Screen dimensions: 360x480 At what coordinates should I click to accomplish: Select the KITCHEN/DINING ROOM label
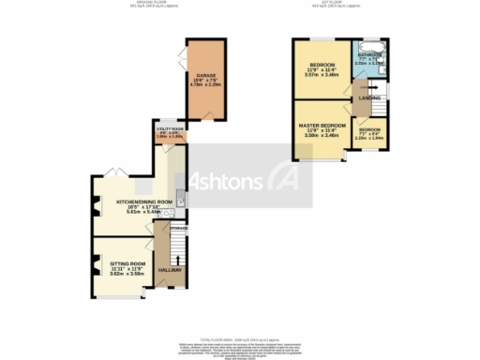pyautogui.click(x=143, y=202)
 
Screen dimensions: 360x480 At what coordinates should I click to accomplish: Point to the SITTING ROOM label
pyautogui.click(x=126, y=264)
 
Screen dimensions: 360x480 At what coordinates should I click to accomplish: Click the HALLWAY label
pyautogui.click(x=170, y=270)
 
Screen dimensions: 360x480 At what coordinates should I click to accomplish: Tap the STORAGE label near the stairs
pyautogui.click(x=178, y=228)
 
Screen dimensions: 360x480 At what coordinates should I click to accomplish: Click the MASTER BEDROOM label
pyautogui.click(x=322, y=126)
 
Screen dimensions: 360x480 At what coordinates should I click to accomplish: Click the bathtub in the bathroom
pyautogui.click(x=367, y=45)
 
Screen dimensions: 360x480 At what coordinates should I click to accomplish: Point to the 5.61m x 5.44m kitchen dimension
pyautogui.click(x=143, y=212)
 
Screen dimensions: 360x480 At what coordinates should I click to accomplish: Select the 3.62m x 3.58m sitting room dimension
pyautogui.click(x=126, y=275)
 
